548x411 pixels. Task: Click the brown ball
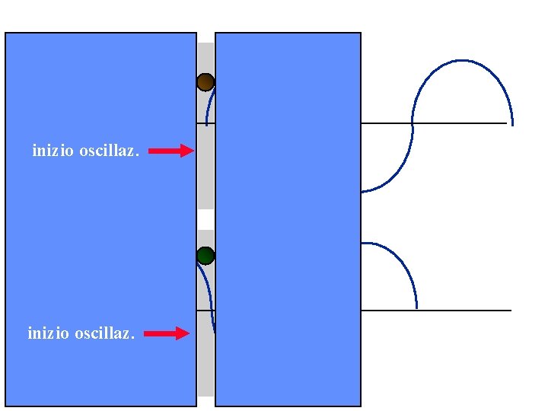click(x=205, y=82)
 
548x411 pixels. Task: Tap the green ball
click(x=205, y=256)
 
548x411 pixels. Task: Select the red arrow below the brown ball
click(x=171, y=151)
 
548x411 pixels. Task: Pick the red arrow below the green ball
click(x=167, y=333)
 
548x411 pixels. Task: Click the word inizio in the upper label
click(x=53, y=151)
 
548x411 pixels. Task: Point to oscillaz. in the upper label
click(x=109, y=151)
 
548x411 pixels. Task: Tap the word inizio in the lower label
click(x=49, y=333)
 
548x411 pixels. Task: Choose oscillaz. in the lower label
click(x=104, y=333)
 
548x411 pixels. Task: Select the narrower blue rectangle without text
click(x=288, y=228)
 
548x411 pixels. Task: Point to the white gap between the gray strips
click(x=205, y=219)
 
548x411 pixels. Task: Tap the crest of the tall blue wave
click(x=463, y=61)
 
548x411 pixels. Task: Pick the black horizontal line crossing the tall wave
click(x=457, y=123)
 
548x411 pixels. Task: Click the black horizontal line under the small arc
click(x=464, y=311)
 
